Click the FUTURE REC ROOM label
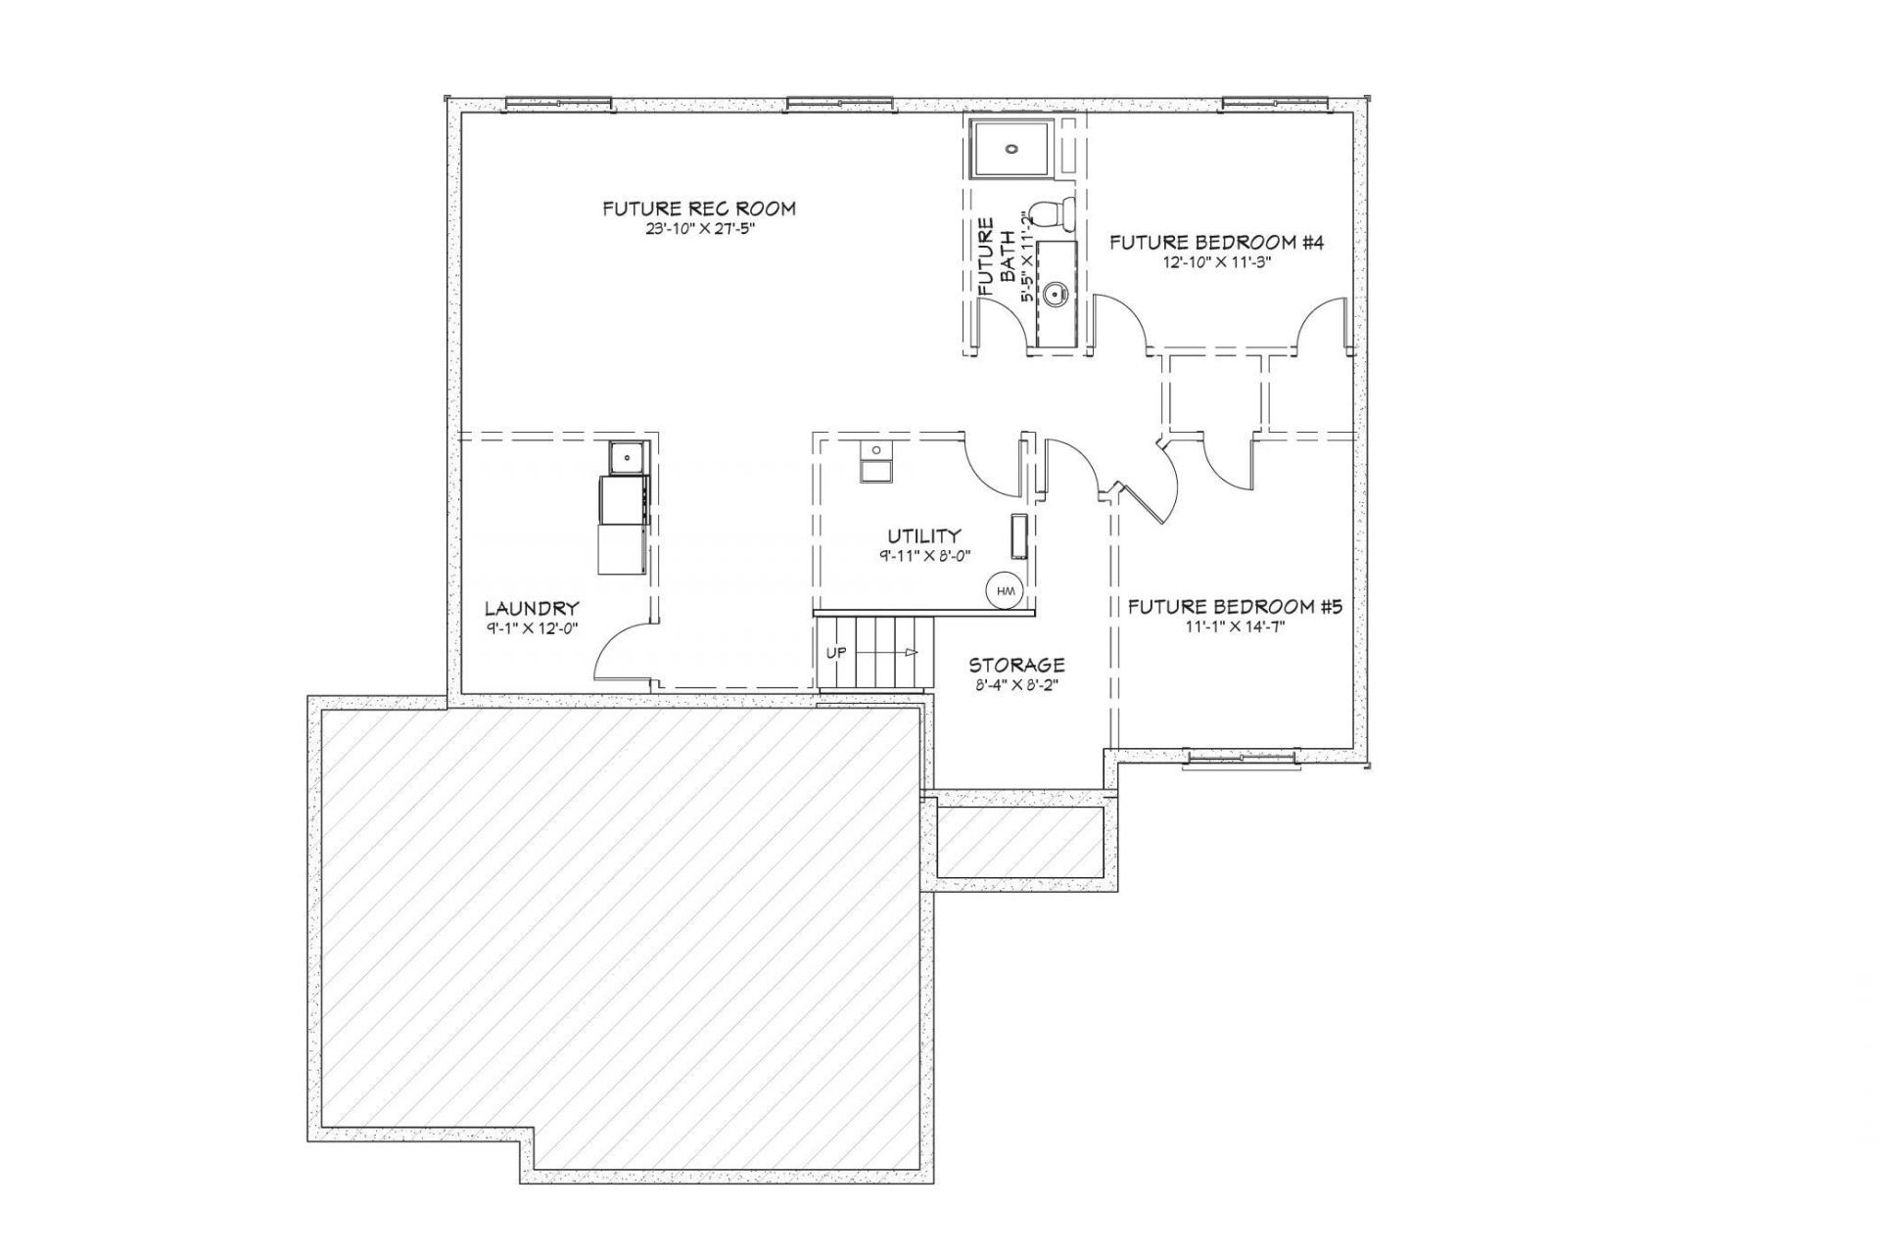(x=698, y=209)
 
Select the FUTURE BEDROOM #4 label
(x=1216, y=243)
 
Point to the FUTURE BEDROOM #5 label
(x=1235, y=607)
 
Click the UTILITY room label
(x=923, y=535)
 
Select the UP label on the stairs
(x=836, y=653)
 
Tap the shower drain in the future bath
(x=1011, y=150)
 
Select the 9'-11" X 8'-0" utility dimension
(x=923, y=555)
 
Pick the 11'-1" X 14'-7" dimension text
(x=1235, y=627)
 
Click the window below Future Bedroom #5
(x=1243, y=759)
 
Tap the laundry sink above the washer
(x=627, y=456)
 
